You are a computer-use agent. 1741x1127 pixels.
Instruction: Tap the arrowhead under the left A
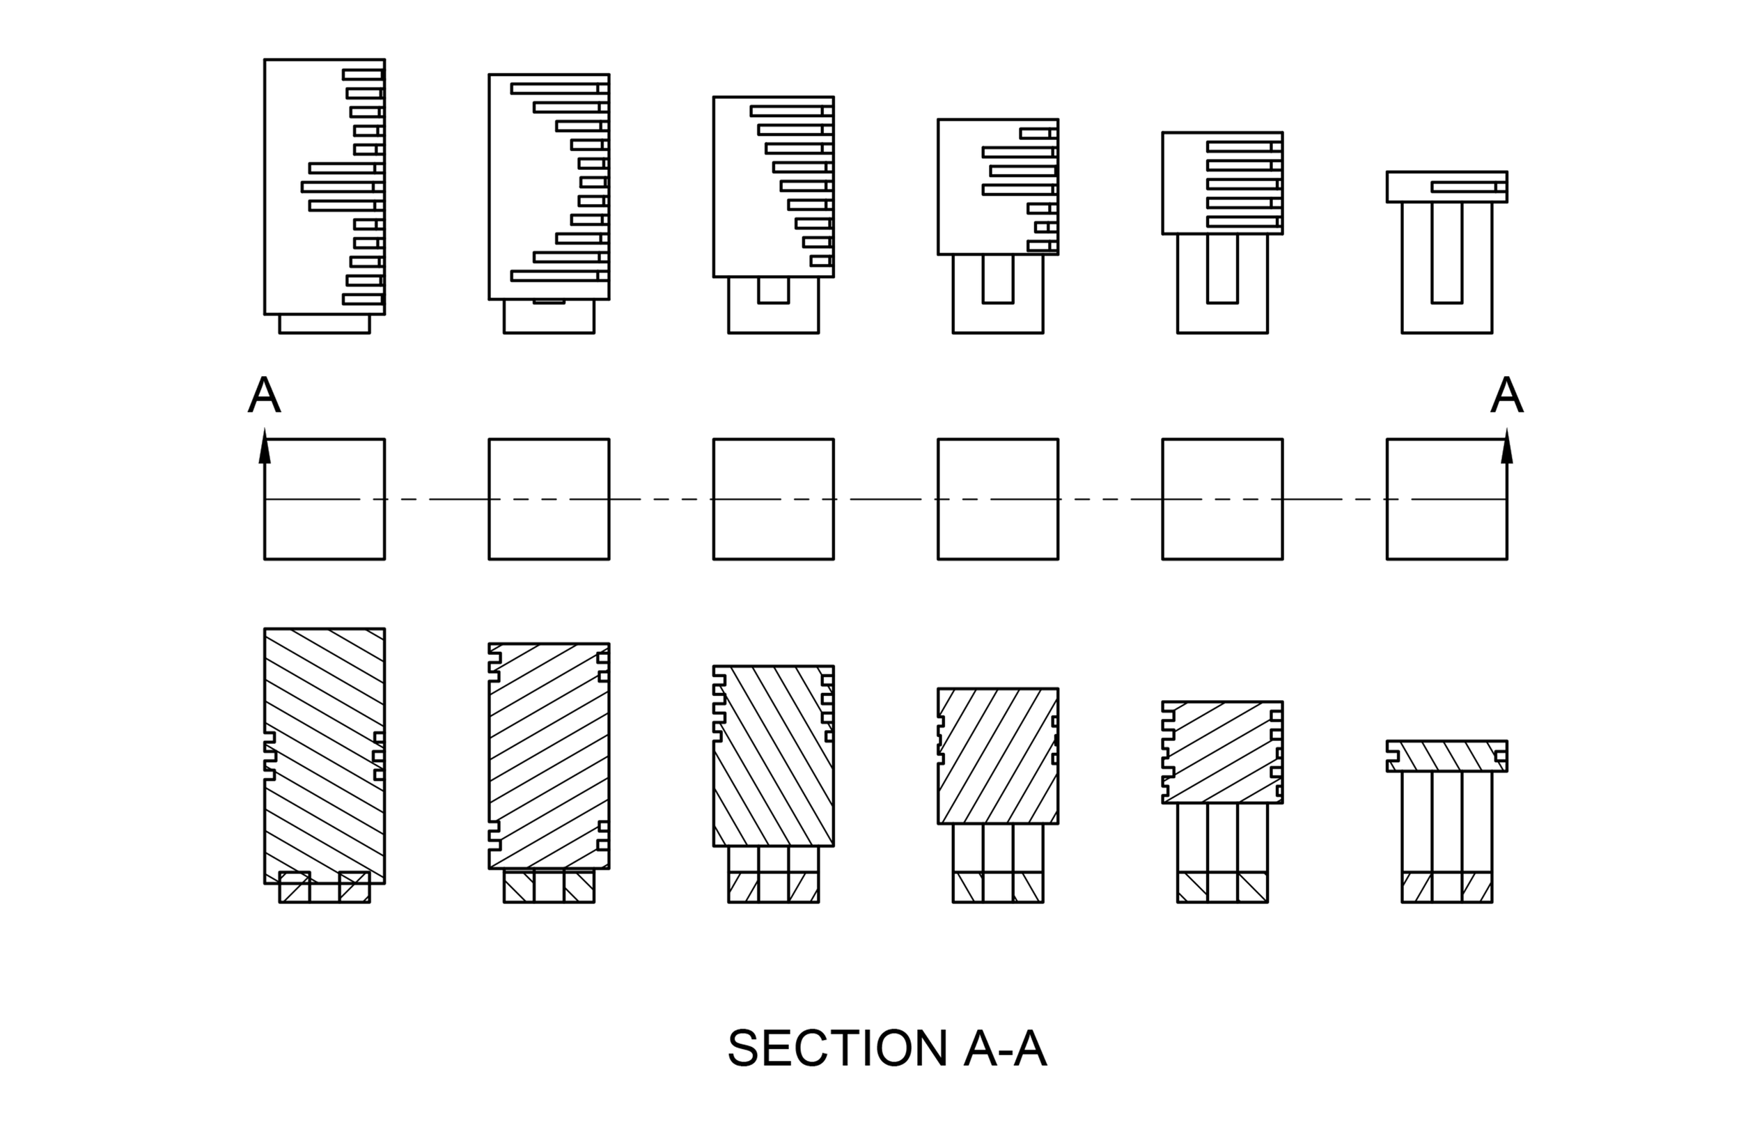[265, 448]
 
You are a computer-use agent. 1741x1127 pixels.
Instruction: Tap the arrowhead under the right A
[1506, 448]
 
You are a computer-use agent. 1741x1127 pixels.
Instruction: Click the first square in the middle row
[324, 499]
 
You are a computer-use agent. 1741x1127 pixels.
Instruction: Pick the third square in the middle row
[773, 499]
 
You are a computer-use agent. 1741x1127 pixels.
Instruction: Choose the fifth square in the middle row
[1222, 499]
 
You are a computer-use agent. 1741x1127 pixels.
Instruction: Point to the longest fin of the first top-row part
[340, 187]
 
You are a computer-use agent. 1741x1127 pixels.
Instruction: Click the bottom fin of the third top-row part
[821, 261]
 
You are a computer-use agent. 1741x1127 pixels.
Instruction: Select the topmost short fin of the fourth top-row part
[1037, 133]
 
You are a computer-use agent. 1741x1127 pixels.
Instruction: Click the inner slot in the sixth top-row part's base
[1447, 252]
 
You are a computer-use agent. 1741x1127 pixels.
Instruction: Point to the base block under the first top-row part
[324, 324]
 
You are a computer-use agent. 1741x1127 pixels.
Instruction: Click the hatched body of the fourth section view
[998, 755]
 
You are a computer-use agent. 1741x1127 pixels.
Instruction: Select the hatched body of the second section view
[549, 756]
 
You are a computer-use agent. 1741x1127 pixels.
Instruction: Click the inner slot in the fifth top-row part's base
[1222, 268]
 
